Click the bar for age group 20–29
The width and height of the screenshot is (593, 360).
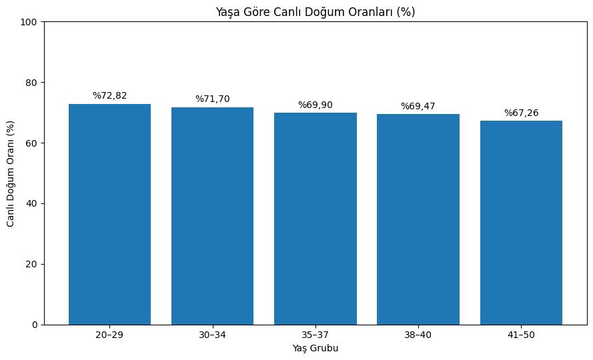(x=109, y=214)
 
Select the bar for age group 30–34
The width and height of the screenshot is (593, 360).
(x=212, y=216)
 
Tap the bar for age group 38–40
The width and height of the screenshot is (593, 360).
(x=418, y=219)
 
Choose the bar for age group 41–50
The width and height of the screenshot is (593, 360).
(x=521, y=223)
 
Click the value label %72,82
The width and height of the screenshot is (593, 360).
(x=109, y=96)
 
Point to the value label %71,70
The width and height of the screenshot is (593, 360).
(x=212, y=99)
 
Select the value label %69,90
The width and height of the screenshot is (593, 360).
(x=315, y=105)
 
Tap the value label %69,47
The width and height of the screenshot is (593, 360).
(x=418, y=106)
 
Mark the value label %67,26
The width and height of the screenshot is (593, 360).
(x=521, y=113)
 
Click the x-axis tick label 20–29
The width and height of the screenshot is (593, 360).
(x=109, y=335)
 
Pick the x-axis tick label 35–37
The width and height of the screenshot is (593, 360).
(x=315, y=335)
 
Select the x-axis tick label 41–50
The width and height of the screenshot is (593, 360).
(x=521, y=335)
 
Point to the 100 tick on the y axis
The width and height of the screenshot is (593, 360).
(x=29, y=22)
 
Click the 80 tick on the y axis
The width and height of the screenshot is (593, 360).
(x=32, y=83)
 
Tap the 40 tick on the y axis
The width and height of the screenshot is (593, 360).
(x=32, y=203)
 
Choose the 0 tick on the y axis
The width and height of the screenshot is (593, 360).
(x=35, y=325)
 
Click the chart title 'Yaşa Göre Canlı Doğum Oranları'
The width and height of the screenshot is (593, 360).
(x=315, y=12)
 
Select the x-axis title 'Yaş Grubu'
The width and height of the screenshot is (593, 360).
(x=315, y=348)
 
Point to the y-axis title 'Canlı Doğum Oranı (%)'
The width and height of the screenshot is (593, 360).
(x=11, y=173)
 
